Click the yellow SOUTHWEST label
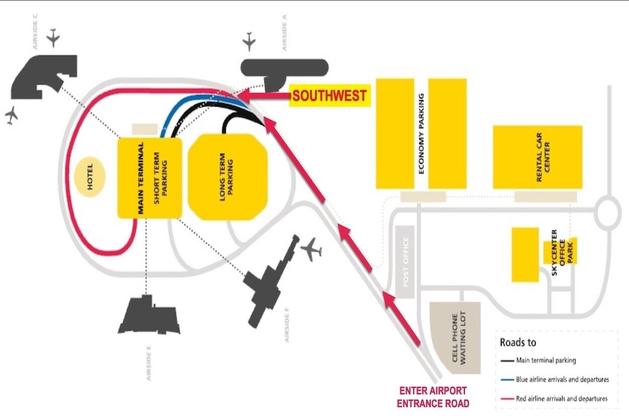[x=330, y=96]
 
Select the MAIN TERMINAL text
[x=140, y=178]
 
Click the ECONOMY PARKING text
[x=421, y=133]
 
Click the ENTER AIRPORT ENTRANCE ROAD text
[x=433, y=397]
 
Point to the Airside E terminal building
[x=149, y=316]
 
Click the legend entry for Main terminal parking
[x=545, y=360]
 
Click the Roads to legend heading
[x=518, y=343]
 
